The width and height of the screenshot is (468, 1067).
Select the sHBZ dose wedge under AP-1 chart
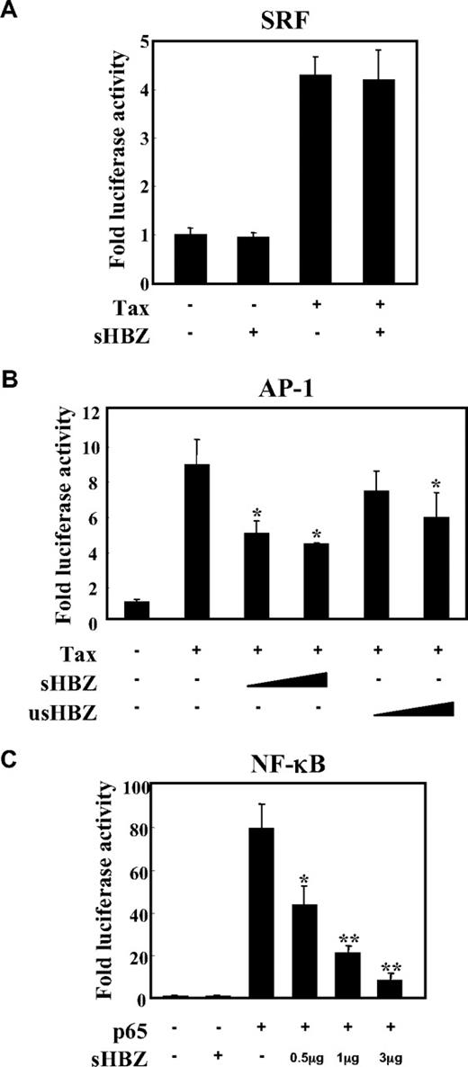click(285, 677)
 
